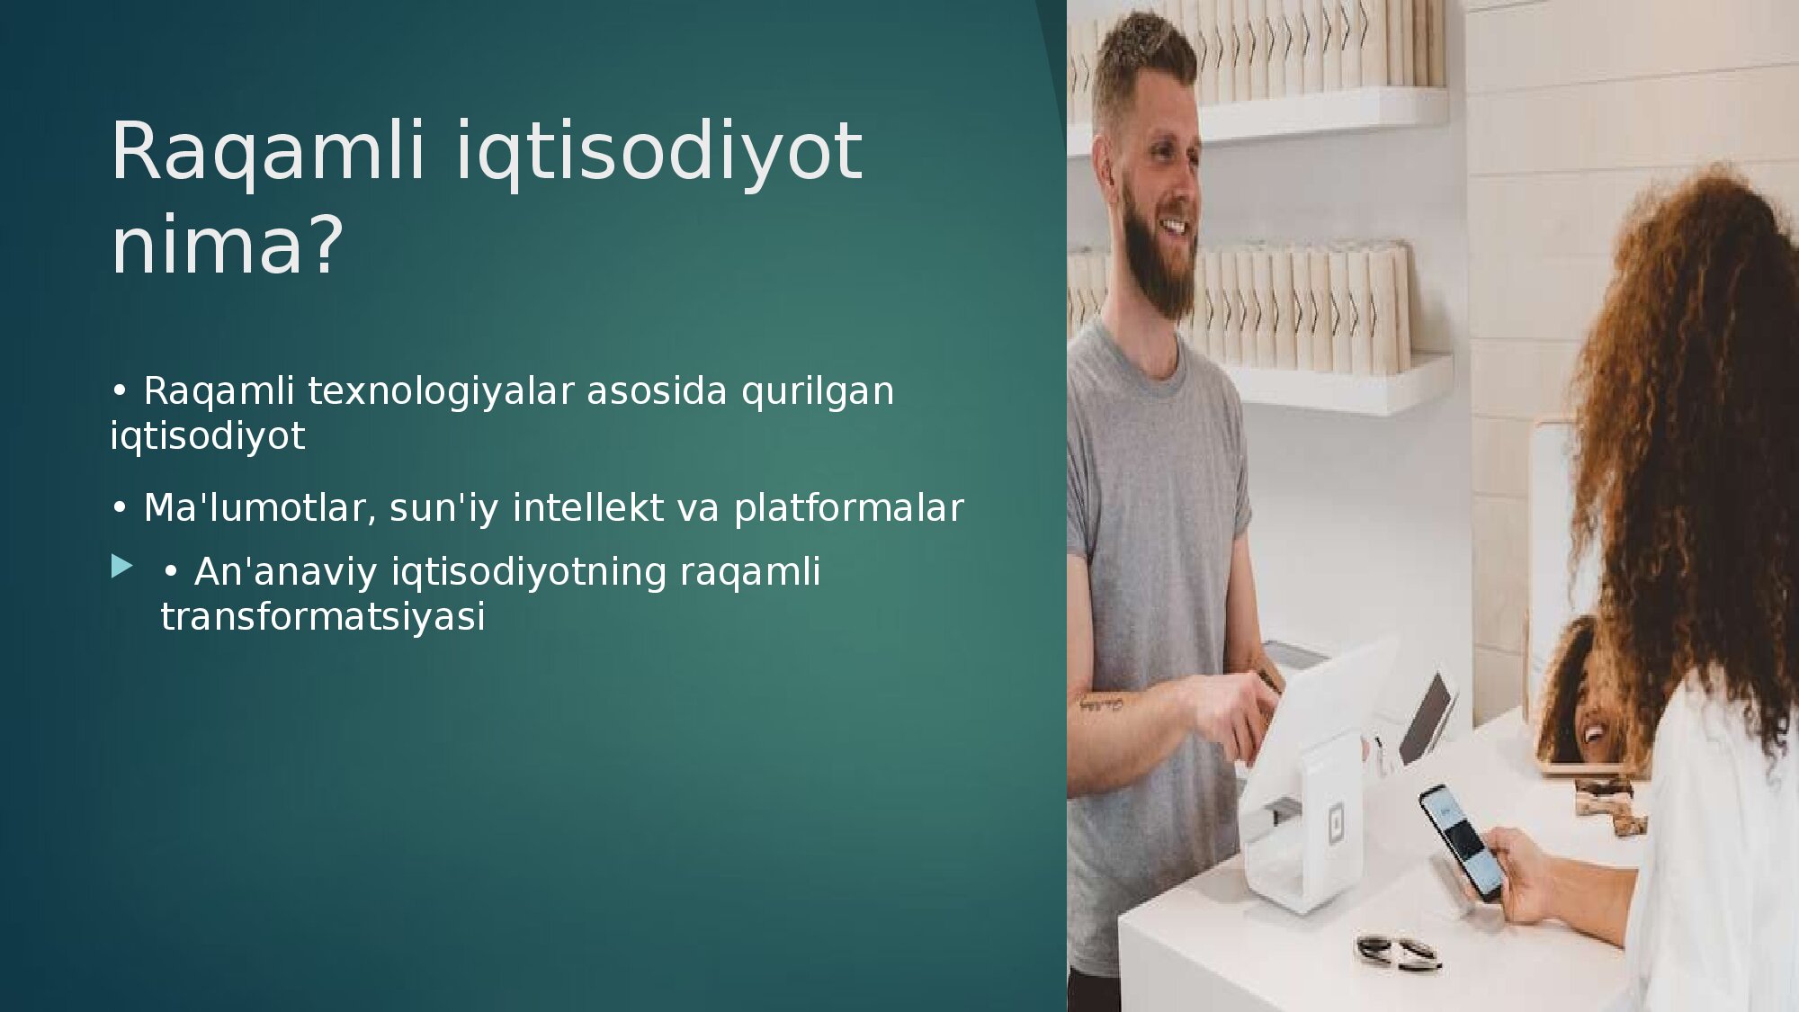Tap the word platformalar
[848, 508]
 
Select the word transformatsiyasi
[323, 617]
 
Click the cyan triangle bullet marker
[121, 566]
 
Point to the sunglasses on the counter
[1398, 952]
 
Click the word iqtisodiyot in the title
[659, 153]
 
